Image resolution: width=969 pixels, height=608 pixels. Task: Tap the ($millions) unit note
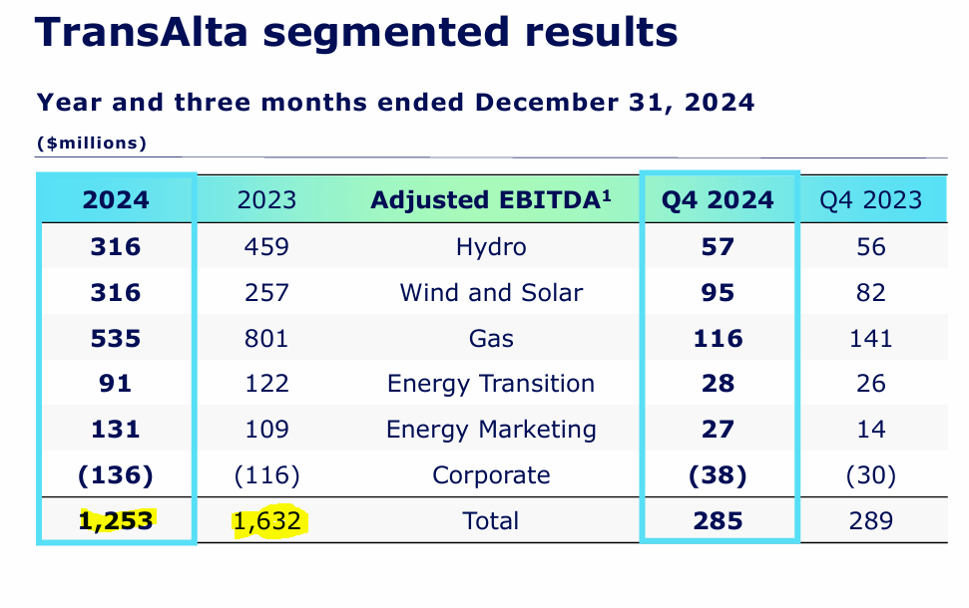(92, 144)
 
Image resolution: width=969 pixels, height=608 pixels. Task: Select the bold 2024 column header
(116, 199)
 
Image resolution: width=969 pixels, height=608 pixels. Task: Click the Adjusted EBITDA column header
(490, 199)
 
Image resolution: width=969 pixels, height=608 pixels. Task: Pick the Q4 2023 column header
(871, 200)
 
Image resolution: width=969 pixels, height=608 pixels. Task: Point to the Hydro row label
(490, 246)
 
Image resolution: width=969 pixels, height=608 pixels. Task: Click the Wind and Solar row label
(490, 292)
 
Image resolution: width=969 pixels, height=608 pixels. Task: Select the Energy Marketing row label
(490, 430)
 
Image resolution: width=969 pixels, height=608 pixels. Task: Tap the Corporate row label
(490, 475)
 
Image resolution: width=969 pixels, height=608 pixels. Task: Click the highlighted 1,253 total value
(116, 521)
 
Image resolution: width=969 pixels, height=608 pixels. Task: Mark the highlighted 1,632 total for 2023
(266, 521)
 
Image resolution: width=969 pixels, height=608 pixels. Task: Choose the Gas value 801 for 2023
(266, 338)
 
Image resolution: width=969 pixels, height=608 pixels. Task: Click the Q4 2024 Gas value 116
(717, 338)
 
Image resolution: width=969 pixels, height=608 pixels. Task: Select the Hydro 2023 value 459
(266, 246)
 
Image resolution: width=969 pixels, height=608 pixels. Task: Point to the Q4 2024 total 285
(717, 520)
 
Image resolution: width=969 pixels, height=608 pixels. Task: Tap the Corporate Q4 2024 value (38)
(717, 475)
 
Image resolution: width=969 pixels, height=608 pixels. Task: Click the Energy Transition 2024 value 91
(116, 384)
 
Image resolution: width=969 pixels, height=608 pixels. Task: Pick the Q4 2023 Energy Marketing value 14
(871, 430)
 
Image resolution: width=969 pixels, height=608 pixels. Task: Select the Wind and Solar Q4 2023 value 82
(871, 292)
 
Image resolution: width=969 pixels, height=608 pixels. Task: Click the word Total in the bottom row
(490, 520)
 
